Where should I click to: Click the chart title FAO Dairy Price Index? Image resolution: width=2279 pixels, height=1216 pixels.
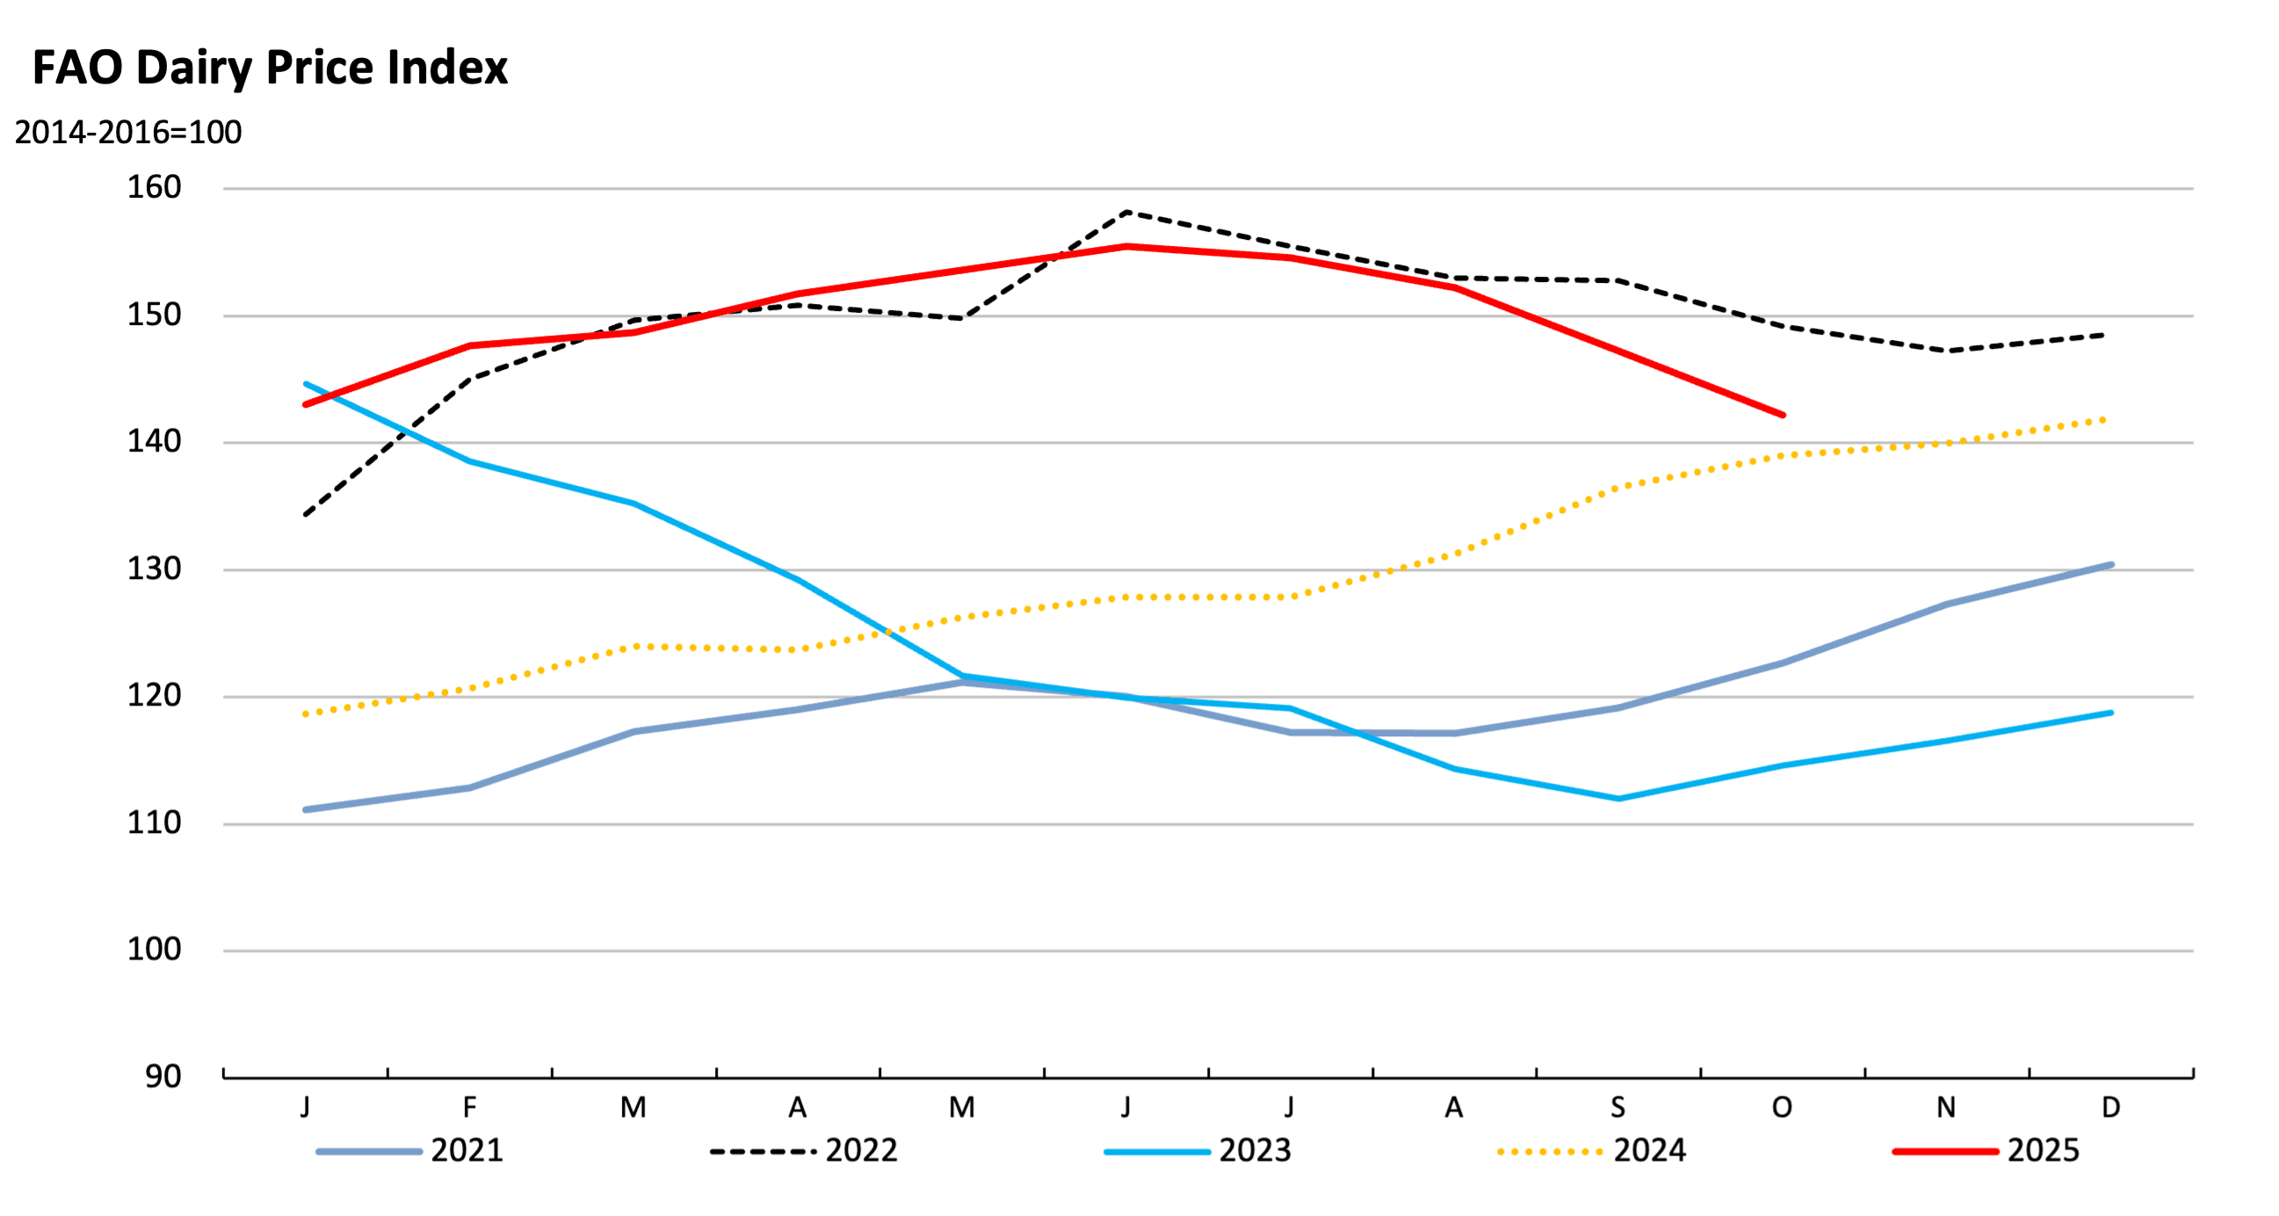[270, 69]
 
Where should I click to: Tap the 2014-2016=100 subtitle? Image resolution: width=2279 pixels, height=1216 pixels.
[128, 133]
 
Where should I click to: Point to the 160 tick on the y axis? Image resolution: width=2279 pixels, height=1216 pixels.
[154, 188]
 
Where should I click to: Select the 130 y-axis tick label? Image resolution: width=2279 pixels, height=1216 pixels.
[154, 569]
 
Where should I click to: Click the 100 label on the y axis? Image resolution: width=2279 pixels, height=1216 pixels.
[154, 951]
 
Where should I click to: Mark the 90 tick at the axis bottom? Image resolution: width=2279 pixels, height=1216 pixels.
[163, 1077]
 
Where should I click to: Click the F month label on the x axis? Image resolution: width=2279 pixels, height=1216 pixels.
[470, 1107]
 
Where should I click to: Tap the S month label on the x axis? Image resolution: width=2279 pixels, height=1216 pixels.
[1617, 1107]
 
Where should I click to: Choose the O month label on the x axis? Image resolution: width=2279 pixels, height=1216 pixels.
[1782, 1107]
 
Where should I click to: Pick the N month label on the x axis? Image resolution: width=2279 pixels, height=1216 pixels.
[1945, 1107]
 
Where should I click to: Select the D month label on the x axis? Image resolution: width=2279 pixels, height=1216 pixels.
[2110, 1107]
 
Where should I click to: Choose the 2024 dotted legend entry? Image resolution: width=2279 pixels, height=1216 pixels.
[1593, 1150]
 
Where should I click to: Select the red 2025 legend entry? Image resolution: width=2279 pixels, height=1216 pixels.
[1986, 1150]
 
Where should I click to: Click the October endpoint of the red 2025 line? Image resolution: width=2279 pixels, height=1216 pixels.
[1782, 415]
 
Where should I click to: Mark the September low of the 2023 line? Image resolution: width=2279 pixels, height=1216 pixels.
[1618, 799]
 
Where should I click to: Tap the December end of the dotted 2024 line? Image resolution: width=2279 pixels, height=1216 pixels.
[2110, 419]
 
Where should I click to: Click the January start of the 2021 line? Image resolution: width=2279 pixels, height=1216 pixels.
[306, 810]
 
